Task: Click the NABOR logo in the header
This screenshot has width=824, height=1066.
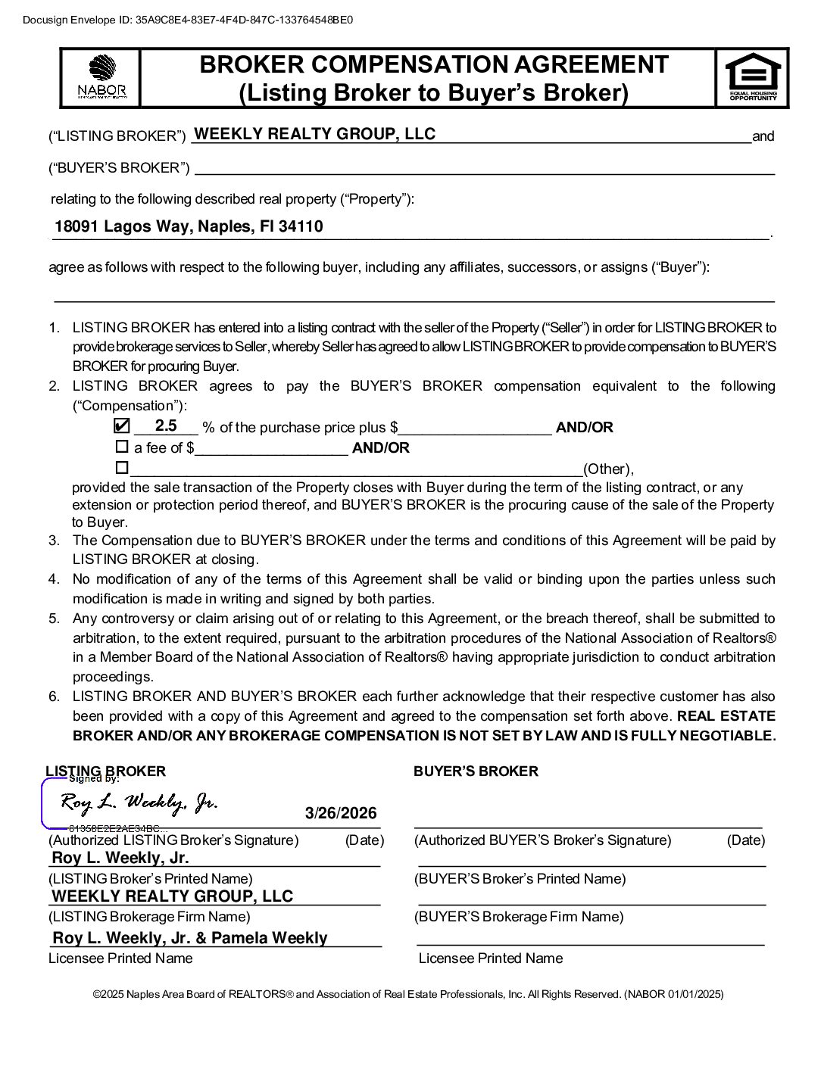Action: [101, 77]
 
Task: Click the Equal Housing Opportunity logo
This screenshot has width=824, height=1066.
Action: [753, 76]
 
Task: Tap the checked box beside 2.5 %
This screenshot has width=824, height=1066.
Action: [121, 426]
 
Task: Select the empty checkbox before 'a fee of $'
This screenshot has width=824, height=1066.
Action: [121, 447]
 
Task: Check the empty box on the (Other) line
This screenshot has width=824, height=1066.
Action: [121, 467]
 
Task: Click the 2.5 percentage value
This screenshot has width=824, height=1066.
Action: [166, 425]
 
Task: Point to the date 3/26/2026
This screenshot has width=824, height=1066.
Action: [341, 813]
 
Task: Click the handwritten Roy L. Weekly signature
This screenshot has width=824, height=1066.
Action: [139, 803]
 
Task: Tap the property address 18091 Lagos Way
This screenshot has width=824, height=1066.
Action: [189, 226]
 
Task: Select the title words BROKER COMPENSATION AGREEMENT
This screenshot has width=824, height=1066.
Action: [434, 64]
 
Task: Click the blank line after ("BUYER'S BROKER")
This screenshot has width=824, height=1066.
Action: [485, 168]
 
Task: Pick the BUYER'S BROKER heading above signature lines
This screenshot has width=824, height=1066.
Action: [476, 771]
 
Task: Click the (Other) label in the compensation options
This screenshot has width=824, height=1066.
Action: [608, 469]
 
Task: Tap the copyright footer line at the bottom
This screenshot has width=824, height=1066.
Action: [408, 994]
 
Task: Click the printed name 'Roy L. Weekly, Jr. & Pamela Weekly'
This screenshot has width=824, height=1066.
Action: [190, 938]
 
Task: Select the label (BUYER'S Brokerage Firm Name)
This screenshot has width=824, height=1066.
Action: [519, 917]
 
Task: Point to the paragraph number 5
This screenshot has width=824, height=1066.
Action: [54, 619]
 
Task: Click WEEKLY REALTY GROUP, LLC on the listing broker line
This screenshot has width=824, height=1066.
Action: [315, 134]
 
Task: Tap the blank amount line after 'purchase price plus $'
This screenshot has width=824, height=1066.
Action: [475, 429]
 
